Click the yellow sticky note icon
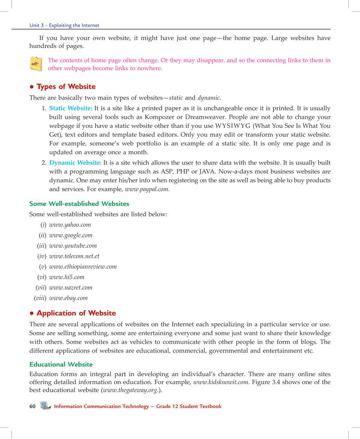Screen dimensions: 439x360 pos(36,64)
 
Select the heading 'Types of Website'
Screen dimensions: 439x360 pos(66,87)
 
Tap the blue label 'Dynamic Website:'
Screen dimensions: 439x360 pos(75,163)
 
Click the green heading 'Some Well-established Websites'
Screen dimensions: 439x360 pos(79,204)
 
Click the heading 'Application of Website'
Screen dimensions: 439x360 pos(76,313)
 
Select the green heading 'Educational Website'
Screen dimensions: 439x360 pos(61,364)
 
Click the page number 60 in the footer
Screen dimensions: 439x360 pos(33,406)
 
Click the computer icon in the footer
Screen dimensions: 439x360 pos(46,406)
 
